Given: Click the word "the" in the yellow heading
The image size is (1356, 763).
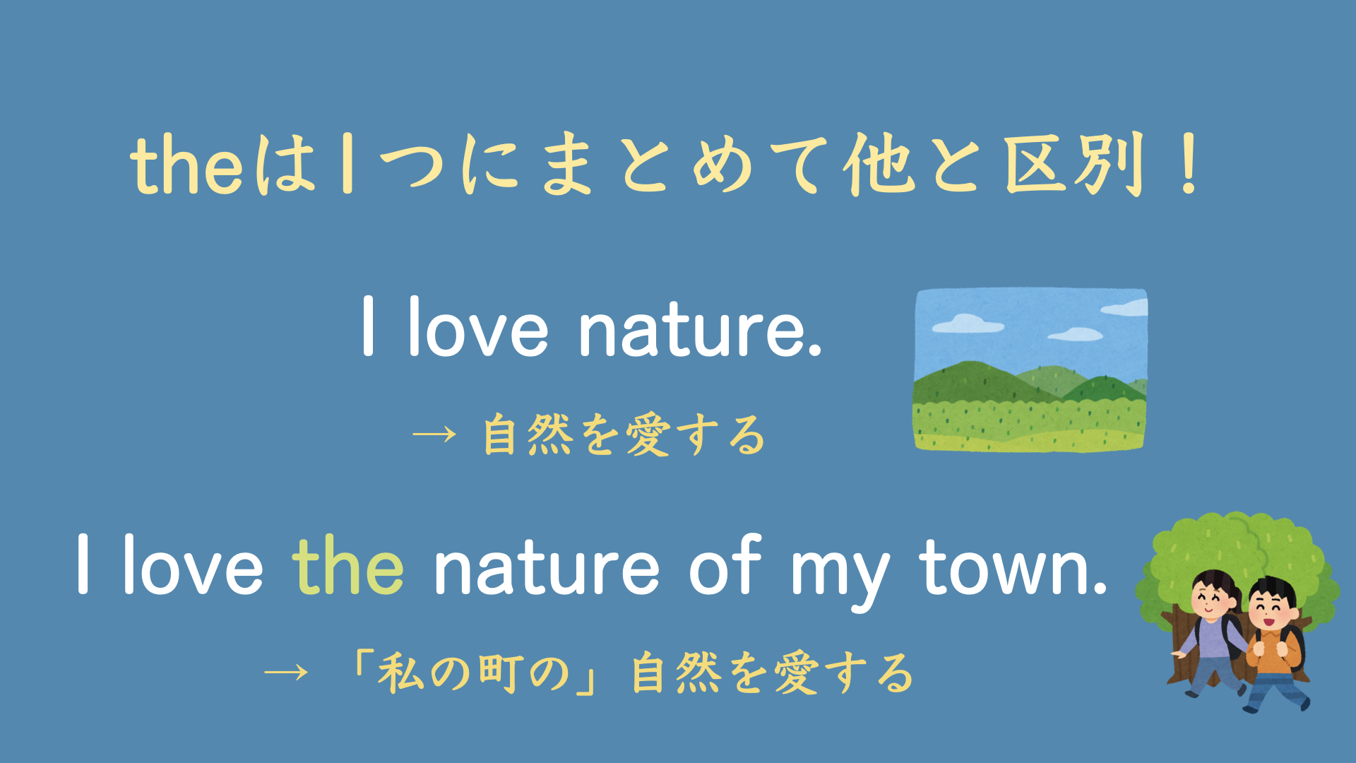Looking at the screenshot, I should (187, 166).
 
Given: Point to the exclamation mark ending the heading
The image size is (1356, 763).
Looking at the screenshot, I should (1189, 165).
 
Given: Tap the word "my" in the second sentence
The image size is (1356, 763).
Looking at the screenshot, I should (840, 572).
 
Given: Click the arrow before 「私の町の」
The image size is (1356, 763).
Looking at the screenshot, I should (286, 671).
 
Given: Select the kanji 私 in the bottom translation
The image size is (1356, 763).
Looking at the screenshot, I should (400, 672).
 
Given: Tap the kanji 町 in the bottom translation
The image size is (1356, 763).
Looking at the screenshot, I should (501, 672).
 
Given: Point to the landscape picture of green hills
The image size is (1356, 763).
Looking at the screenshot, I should (1030, 369).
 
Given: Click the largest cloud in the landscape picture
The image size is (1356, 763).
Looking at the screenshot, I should (967, 324).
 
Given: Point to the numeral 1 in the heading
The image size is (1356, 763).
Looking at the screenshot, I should (346, 165).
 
